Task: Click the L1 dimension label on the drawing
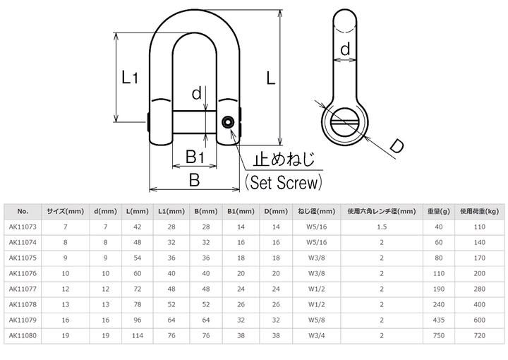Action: tap(130, 78)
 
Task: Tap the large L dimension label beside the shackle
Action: tap(270, 78)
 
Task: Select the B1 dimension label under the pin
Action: tap(195, 157)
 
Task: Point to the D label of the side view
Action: tap(397, 145)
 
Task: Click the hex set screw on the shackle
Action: tap(228, 122)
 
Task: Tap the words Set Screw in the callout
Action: tap(284, 182)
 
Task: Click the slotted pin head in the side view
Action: tap(344, 121)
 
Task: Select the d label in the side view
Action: tap(345, 49)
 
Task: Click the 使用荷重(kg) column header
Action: tap(479, 212)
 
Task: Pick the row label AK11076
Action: tap(23, 273)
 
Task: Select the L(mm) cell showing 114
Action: tap(138, 336)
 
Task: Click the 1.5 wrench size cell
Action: tap(382, 227)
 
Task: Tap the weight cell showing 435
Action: tap(439, 320)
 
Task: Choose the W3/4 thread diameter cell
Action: tap(316, 336)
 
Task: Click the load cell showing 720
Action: tap(480, 336)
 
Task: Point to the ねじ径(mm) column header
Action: tap(316, 212)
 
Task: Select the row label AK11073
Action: tap(23, 227)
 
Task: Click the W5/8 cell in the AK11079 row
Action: tap(316, 320)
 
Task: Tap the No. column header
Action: tap(23, 212)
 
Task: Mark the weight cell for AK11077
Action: tap(439, 289)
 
